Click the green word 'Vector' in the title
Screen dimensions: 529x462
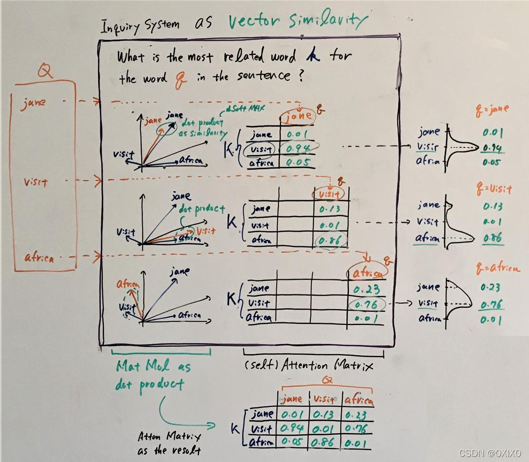click(x=256, y=22)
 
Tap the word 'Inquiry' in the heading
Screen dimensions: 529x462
click(x=122, y=25)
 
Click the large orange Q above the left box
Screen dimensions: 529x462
click(x=46, y=72)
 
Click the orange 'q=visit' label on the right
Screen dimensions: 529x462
click(x=494, y=190)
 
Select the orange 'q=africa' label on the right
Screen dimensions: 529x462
click(x=498, y=268)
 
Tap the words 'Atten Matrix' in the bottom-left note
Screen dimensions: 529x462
click(x=161, y=436)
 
